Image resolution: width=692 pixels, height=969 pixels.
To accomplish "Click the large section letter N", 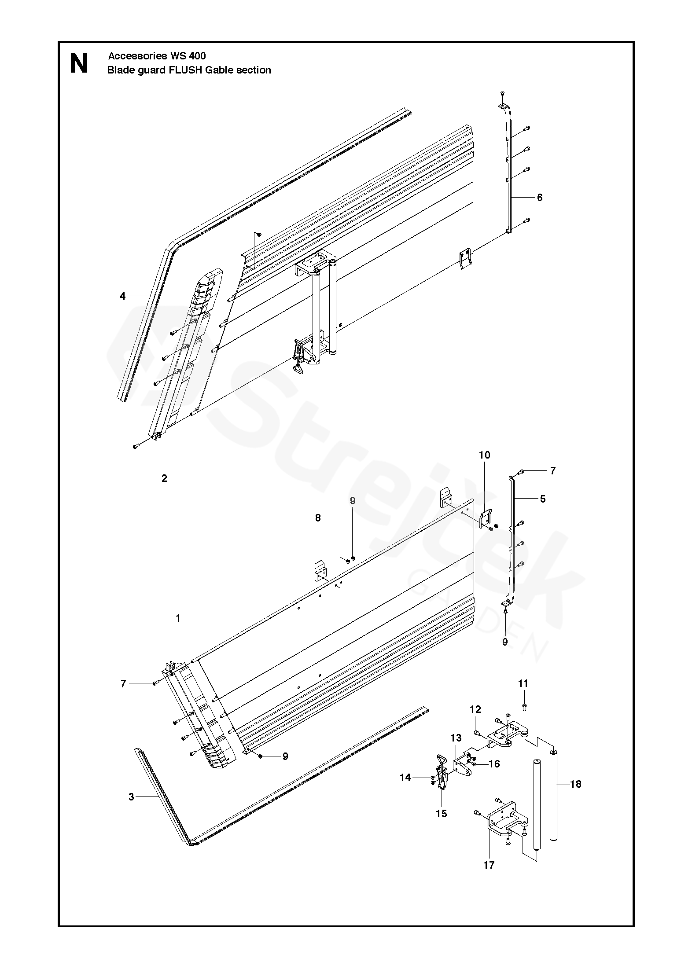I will click(x=79, y=64).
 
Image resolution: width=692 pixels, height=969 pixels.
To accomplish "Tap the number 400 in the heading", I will click(x=197, y=56).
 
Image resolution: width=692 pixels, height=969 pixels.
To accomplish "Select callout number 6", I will click(x=540, y=198).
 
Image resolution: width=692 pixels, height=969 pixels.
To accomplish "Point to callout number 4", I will click(x=123, y=296).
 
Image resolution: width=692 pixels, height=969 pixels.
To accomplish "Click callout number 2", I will click(x=164, y=478).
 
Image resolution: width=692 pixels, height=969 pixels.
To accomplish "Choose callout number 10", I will click(x=484, y=455).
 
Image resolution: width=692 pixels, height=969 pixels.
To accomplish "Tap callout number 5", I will click(x=543, y=499).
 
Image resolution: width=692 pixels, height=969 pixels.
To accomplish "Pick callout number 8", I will click(x=318, y=518).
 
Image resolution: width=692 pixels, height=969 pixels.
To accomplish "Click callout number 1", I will click(x=178, y=619).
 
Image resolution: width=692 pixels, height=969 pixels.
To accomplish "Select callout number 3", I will click(x=131, y=797).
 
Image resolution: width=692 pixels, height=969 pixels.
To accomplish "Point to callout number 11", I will click(x=523, y=683).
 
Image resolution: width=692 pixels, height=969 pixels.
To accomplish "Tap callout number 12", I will click(x=475, y=709).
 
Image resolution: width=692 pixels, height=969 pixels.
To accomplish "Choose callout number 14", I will click(x=405, y=778).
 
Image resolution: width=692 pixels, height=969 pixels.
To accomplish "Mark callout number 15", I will click(x=442, y=814).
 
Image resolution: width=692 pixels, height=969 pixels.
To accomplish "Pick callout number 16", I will click(x=494, y=764).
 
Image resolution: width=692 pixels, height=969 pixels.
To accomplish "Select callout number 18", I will click(x=575, y=784).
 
